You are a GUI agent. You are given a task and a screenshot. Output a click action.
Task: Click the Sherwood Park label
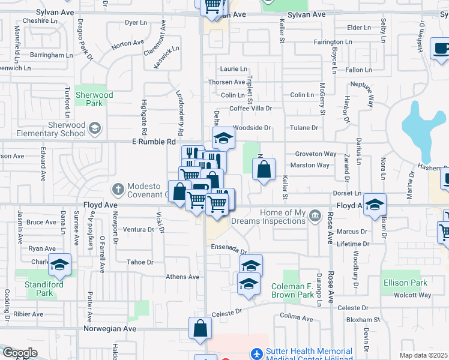point(95,99)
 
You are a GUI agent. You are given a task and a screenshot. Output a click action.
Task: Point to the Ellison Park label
point(405,283)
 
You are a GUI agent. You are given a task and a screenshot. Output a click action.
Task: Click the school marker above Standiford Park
point(60,265)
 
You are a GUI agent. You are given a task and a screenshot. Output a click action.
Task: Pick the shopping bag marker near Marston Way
point(264,170)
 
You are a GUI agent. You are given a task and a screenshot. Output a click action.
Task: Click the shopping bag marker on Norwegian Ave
point(200,329)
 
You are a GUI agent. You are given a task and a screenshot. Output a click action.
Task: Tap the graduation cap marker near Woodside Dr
point(223,138)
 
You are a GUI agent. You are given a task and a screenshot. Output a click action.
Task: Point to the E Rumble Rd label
point(154,142)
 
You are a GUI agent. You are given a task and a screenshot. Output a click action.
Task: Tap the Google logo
point(20,353)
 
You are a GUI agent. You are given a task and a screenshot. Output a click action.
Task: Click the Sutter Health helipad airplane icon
point(257,355)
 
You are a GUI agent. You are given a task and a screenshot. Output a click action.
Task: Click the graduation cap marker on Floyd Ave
point(375,206)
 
